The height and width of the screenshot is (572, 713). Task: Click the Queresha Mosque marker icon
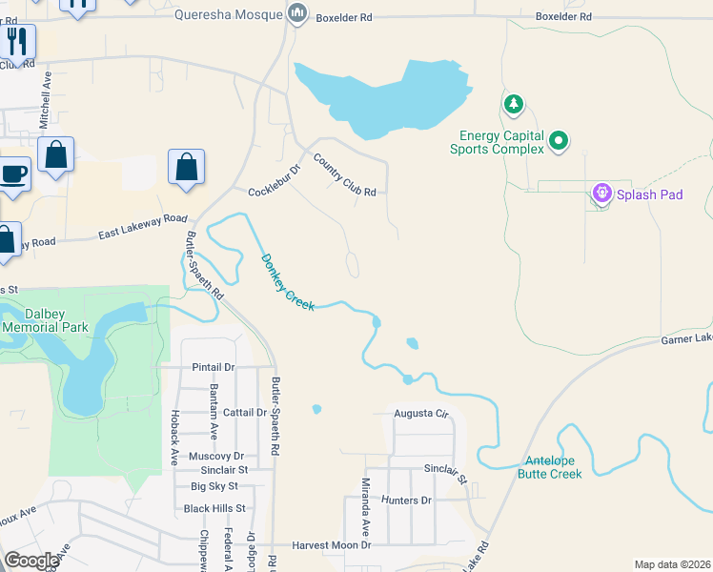(x=298, y=14)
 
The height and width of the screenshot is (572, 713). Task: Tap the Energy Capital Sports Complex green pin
(x=560, y=143)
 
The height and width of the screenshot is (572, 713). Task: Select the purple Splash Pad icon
(x=601, y=194)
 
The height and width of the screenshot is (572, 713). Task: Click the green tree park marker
(x=513, y=103)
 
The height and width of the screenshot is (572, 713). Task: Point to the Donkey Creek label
(x=287, y=280)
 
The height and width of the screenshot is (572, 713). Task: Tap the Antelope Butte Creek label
(x=549, y=467)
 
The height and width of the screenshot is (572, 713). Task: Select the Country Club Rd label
(x=344, y=176)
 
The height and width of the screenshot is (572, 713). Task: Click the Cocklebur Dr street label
(x=275, y=179)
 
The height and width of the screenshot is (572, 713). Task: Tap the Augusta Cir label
(x=421, y=415)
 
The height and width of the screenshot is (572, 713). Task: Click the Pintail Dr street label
(x=214, y=367)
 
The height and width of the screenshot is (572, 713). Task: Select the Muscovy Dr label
(x=217, y=457)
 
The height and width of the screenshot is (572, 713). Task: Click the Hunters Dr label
(x=406, y=500)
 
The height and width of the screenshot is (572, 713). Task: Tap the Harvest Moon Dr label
(x=331, y=544)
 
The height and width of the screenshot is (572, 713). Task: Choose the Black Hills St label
(x=214, y=509)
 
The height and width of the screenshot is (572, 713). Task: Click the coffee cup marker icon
(x=13, y=174)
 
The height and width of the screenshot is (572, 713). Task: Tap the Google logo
(x=32, y=560)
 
